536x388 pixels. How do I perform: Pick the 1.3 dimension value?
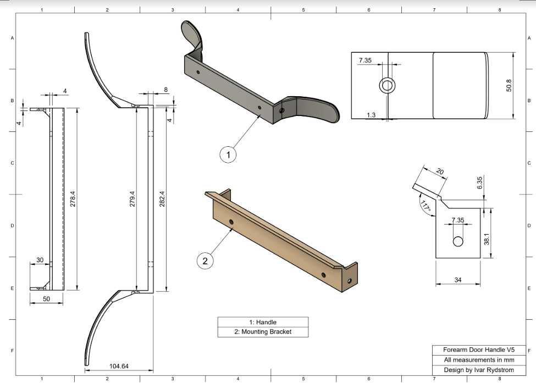click(x=371, y=115)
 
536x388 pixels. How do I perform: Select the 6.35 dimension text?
click(x=480, y=183)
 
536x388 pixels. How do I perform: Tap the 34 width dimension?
click(x=458, y=280)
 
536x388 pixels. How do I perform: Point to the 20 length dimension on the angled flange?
click(x=440, y=171)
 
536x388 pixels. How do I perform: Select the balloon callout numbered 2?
click(x=205, y=261)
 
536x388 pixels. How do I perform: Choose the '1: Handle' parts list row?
click(x=263, y=322)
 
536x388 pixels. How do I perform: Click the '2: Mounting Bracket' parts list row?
click(x=263, y=332)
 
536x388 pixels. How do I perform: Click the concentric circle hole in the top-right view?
click(x=387, y=85)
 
